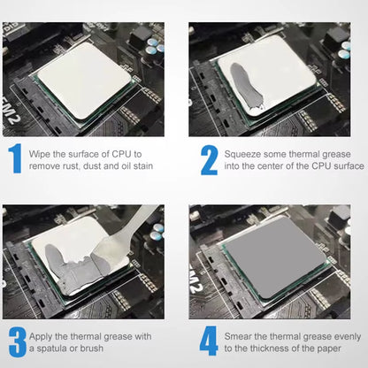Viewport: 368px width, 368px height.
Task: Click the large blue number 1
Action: pos(16,158)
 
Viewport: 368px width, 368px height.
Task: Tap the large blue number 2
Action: pos(210,160)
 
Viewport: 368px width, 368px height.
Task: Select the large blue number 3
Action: pos(18,341)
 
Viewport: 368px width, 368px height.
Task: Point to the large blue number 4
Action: pos(209,341)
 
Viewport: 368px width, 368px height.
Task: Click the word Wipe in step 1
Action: pos(39,154)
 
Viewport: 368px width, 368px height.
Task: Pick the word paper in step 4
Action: pos(329,349)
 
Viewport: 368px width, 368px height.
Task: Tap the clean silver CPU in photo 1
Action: pos(84,80)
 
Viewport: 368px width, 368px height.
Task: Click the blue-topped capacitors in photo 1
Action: pos(156,47)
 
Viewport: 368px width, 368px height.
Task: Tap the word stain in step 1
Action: pos(143,166)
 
